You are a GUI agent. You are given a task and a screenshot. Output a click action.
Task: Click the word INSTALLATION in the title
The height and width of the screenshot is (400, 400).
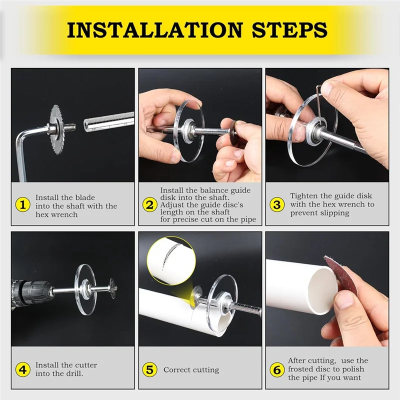pos(152,30)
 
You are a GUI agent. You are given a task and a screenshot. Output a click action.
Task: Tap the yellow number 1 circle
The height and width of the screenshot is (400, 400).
pos(22,204)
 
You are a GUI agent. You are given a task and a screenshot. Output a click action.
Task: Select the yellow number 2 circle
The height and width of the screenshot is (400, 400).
pos(149,204)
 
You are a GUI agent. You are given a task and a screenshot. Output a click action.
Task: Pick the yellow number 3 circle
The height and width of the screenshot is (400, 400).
pos(277,204)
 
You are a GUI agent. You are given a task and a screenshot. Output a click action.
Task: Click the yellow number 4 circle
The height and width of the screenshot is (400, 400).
pos(22,370)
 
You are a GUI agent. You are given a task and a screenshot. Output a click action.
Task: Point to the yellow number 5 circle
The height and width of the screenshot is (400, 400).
pos(149,370)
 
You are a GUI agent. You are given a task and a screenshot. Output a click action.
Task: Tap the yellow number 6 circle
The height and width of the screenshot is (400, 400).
pos(277,370)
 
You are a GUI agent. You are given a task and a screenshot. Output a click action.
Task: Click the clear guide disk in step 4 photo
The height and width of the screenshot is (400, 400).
pos(85,289)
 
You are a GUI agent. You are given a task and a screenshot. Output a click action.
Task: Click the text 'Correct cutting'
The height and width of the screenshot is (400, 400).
pos(191,370)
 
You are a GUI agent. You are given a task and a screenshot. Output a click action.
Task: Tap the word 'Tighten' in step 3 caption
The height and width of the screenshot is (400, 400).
pos(303,196)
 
